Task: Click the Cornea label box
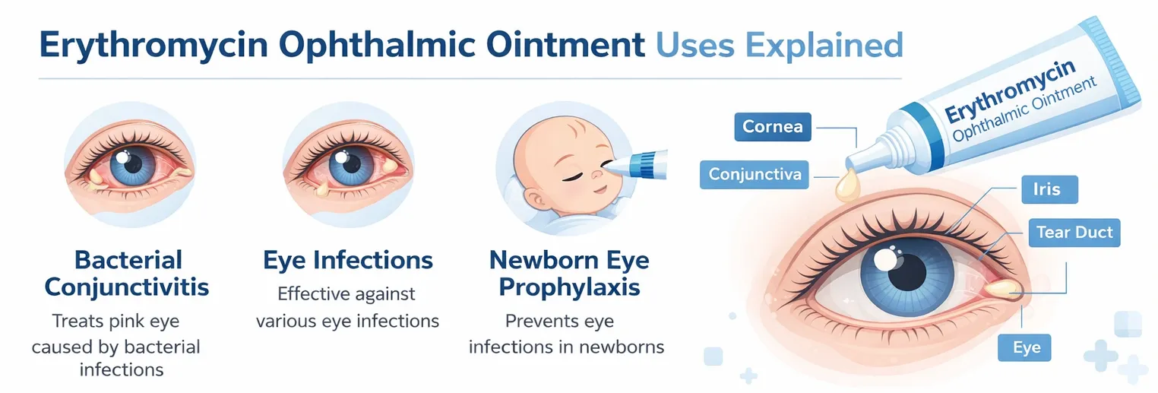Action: [x=772, y=125]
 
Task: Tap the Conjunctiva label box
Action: [x=755, y=174]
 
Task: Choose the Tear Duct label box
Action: [x=1074, y=233]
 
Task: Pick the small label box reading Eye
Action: [x=1027, y=348]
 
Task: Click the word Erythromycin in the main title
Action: [x=153, y=46]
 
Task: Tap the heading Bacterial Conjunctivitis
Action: [x=127, y=274]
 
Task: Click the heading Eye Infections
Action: [x=348, y=261]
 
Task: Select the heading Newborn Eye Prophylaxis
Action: [x=569, y=274]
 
